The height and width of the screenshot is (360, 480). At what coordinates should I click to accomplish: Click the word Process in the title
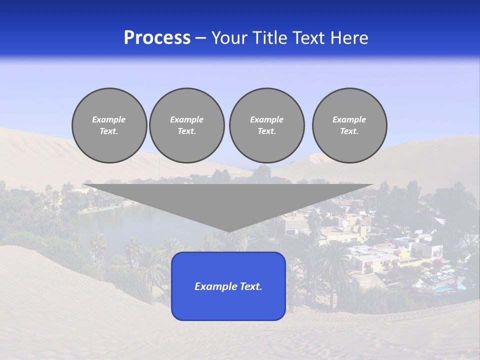coord(157,38)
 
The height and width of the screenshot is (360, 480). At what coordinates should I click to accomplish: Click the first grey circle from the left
coord(109,125)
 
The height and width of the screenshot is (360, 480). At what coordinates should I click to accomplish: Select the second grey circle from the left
coord(187,125)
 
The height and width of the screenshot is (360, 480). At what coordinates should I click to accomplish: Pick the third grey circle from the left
coord(266,125)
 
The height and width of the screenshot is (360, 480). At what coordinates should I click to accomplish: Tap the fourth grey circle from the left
coord(349,125)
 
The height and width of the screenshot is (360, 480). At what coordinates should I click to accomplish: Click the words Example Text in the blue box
coord(228,286)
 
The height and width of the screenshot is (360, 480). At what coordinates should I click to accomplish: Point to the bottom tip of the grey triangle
coord(228,231)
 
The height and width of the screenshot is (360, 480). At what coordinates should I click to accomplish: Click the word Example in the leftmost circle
coord(109,120)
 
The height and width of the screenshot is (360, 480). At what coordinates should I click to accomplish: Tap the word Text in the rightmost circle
coord(349,131)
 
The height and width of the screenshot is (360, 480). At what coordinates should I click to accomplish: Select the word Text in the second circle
coord(187,131)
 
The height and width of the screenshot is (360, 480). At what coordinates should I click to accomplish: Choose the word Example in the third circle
coord(266,120)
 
